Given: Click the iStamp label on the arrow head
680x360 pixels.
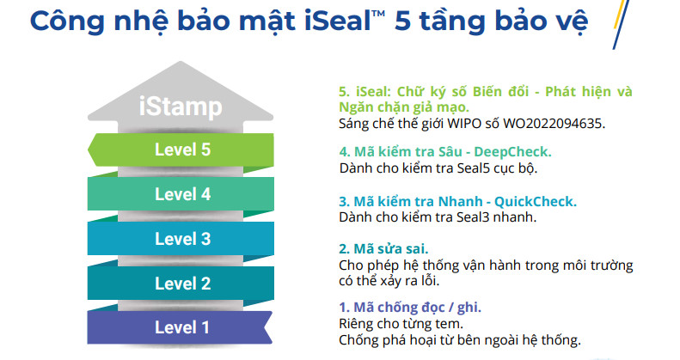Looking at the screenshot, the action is (181, 107).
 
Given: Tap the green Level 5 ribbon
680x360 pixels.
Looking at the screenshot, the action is (181, 149).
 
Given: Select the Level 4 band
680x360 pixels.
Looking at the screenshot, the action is (181, 194).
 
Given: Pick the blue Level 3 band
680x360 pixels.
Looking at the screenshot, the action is (181, 239).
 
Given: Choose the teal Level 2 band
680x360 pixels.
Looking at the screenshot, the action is (181, 284).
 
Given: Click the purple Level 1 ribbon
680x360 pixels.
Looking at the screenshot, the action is (180, 327).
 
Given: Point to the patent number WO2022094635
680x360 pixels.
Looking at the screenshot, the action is (554, 124).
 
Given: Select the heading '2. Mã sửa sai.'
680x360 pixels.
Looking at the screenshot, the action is (383, 249).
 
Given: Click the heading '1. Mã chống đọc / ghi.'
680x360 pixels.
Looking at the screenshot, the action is (410, 308).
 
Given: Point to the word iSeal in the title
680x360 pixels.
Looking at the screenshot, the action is (337, 21).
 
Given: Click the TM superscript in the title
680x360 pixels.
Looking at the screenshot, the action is (378, 14).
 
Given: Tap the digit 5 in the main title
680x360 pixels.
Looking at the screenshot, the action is (402, 21).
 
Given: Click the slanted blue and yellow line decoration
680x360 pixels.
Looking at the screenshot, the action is (621, 24).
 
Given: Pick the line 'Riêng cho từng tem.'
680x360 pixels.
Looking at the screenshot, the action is (401, 324).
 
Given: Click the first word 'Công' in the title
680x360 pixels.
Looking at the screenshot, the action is (67, 21).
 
